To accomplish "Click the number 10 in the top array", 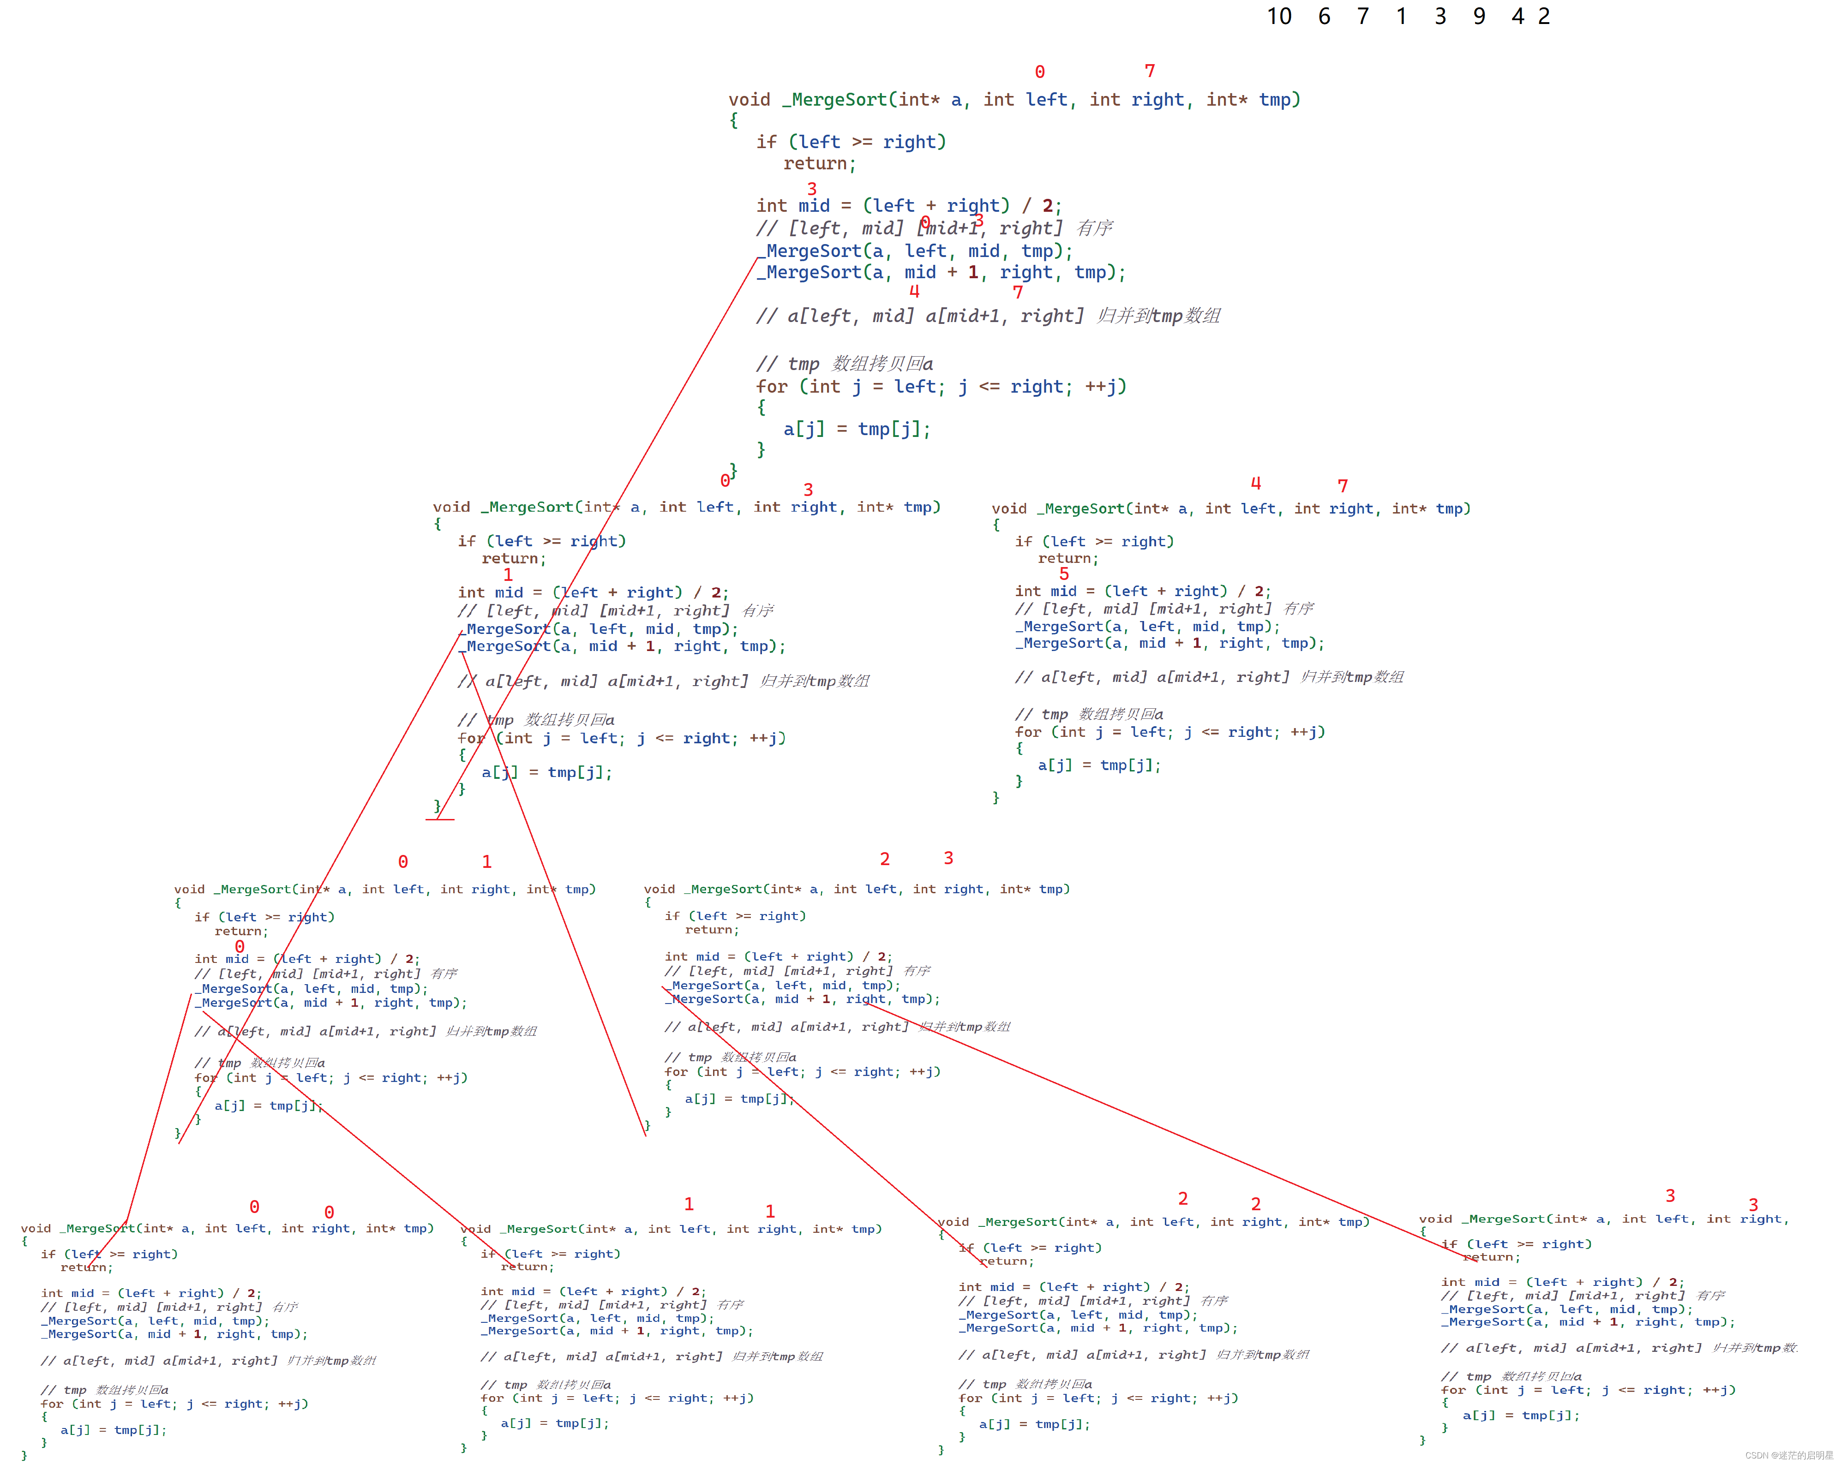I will (x=1278, y=16).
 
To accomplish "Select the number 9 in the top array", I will (x=1479, y=16).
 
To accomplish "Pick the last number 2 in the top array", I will (x=1544, y=16).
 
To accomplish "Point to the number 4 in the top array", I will (x=1517, y=16).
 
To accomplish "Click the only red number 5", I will (x=1064, y=574).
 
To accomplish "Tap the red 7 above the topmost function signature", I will (x=1149, y=71).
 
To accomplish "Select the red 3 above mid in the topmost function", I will (x=811, y=189).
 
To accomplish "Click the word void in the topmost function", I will (x=749, y=100).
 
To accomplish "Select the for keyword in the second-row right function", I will (x=1028, y=732).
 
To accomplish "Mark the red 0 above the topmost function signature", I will (x=1039, y=72).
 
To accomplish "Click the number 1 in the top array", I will (x=1401, y=16).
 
